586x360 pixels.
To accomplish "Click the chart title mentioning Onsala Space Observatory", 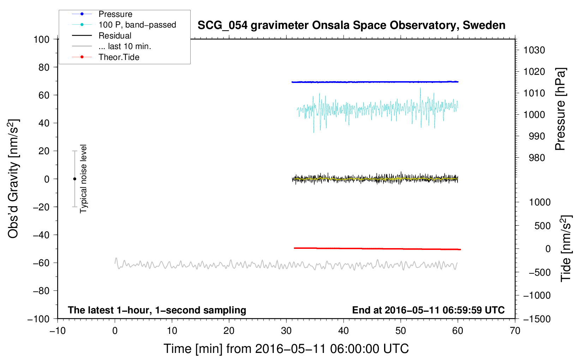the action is click(x=351, y=25).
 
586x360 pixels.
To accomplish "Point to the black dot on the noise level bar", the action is click(x=74, y=179).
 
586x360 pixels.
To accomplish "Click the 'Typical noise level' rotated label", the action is click(x=83, y=179).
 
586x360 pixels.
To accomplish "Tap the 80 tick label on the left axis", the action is click(x=44, y=67).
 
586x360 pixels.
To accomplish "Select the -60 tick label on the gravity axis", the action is click(x=41, y=263).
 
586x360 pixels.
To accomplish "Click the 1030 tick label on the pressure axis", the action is click(x=534, y=50).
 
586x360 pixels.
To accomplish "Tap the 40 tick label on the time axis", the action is click(x=343, y=331).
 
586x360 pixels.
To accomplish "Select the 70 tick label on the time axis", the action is click(x=515, y=331).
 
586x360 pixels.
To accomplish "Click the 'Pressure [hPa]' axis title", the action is click(x=560, y=109).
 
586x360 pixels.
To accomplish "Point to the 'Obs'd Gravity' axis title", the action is click(x=13, y=179).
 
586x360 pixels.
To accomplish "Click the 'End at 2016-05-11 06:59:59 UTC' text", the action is click(x=428, y=310).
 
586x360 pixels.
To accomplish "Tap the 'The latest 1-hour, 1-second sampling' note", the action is click(x=157, y=310).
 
